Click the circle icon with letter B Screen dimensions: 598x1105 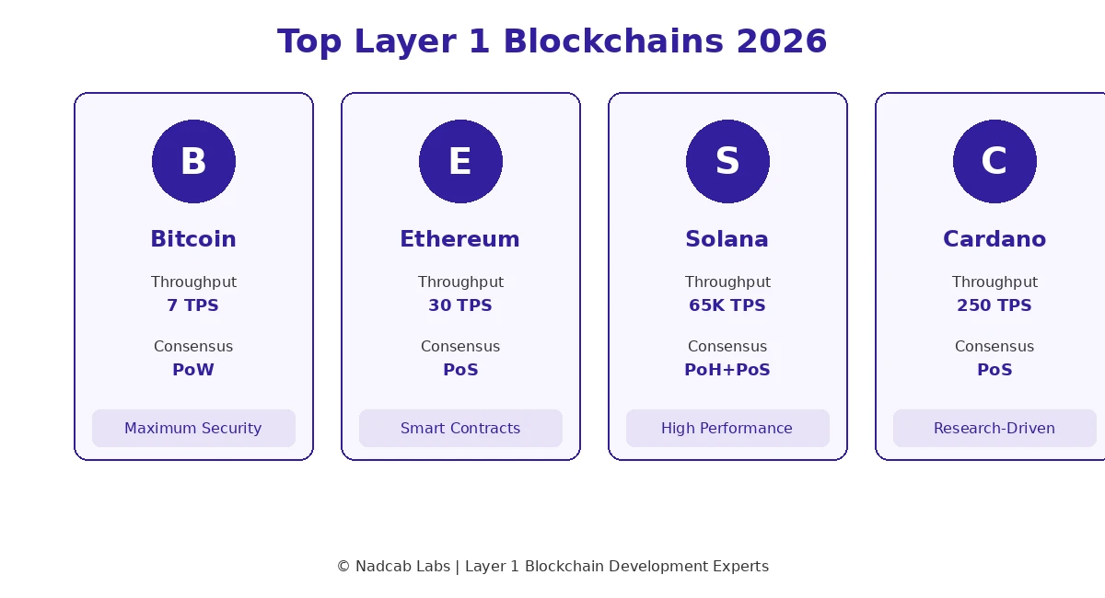(x=193, y=162)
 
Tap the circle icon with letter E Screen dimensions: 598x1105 (x=460, y=162)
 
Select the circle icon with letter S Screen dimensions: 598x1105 (x=727, y=162)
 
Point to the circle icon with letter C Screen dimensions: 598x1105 (x=994, y=162)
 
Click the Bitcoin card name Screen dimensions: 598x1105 (x=193, y=240)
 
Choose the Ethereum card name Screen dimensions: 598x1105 (x=460, y=240)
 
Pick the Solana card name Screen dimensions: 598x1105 (x=727, y=240)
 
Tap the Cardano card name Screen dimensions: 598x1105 (x=994, y=240)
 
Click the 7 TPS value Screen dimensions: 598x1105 (x=193, y=305)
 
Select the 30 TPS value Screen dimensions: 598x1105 (x=460, y=305)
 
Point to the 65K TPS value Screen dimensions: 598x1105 (x=727, y=305)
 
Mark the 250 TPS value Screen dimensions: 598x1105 (x=994, y=305)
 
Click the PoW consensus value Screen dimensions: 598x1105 (x=193, y=370)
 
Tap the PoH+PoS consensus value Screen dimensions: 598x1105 (x=727, y=370)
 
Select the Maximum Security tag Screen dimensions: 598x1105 (x=193, y=429)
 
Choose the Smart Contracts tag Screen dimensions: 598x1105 (x=460, y=429)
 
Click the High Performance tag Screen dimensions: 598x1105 (x=727, y=429)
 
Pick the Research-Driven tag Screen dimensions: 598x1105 (x=994, y=429)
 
